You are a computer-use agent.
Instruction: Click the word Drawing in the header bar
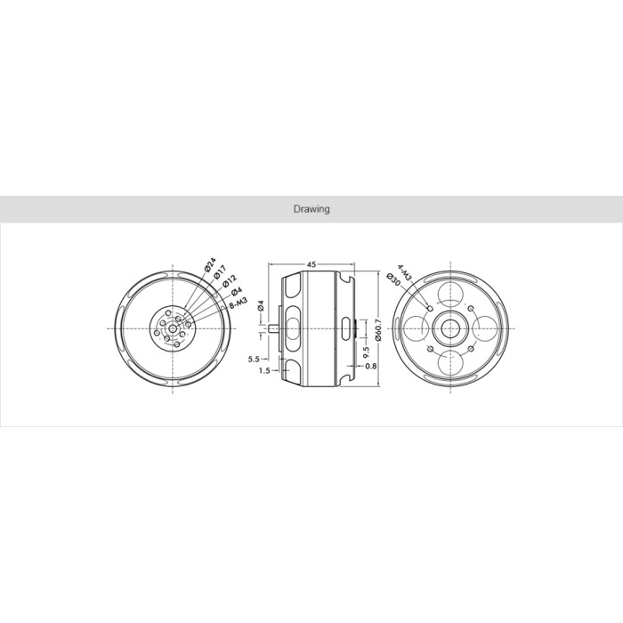(311, 209)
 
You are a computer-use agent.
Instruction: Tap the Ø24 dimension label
(210, 265)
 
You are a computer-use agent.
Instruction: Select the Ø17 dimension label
(220, 273)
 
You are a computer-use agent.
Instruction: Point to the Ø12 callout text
(230, 281)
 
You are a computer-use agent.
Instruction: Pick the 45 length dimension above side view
(311, 264)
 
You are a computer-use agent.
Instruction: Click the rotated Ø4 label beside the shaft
(261, 305)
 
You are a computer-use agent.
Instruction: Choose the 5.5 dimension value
(254, 360)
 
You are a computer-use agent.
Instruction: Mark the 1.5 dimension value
(264, 371)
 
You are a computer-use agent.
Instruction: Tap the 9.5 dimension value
(366, 352)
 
